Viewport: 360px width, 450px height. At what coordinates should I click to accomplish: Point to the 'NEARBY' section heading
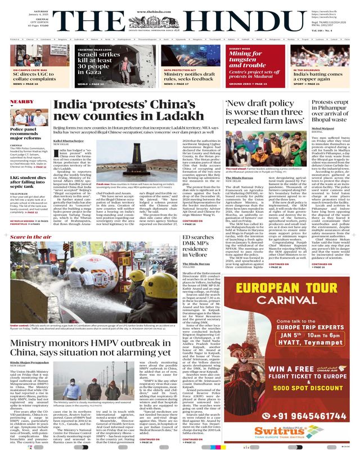22,102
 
